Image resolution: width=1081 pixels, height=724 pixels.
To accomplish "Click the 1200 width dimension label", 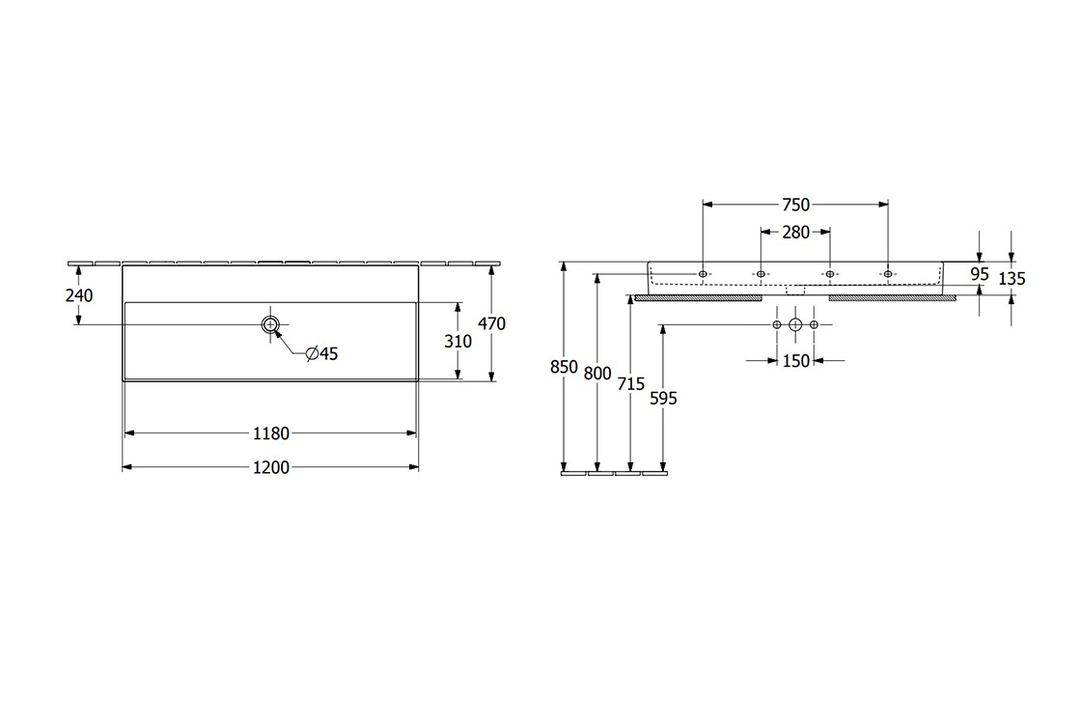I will pyautogui.click(x=271, y=468).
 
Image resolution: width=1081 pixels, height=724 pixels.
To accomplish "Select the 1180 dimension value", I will pyautogui.click(x=271, y=433).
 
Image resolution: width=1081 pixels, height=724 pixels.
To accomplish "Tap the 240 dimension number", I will pyautogui.click(x=79, y=295).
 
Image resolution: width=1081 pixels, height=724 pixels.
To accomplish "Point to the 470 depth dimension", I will pyautogui.click(x=491, y=324).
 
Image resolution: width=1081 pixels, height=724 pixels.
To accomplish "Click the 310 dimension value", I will pyautogui.click(x=457, y=341).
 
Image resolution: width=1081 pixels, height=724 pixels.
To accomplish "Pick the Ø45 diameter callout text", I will pyautogui.click(x=321, y=354).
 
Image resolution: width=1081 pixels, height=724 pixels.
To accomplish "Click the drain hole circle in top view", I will pyautogui.click(x=270, y=324).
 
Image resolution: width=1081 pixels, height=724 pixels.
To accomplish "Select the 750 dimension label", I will pyautogui.click(x=795, y=205).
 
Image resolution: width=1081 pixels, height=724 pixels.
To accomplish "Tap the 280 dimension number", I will pyautogui.click(x=795, y=232).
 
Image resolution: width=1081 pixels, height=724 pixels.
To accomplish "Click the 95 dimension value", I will pyautogui.click(x=980, y=274).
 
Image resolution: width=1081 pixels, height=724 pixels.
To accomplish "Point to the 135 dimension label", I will pyautogui.click(x=1012, y=279).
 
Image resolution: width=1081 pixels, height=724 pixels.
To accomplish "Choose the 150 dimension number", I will pyautogui.click(x=795, y=361).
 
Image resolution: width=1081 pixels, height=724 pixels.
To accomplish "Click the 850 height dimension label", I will pyautogui.click(x=565, y=367).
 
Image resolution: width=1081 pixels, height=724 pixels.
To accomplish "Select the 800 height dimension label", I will pyautogui.click(x=598, y=375).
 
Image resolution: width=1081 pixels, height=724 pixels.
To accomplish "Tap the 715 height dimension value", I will pyautogui.click(x=630, y=384).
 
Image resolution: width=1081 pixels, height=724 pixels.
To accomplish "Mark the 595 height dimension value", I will pyautogui.click(x=663, y=398).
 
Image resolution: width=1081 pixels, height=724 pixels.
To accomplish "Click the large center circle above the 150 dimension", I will pyautogui.click(x=795, y=324).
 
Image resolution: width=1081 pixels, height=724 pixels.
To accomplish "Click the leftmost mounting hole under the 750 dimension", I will pyautogui.click(x=704, y=274).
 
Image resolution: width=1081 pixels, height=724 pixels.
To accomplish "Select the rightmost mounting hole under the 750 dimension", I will pyautogui.click(x=887, y=274).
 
